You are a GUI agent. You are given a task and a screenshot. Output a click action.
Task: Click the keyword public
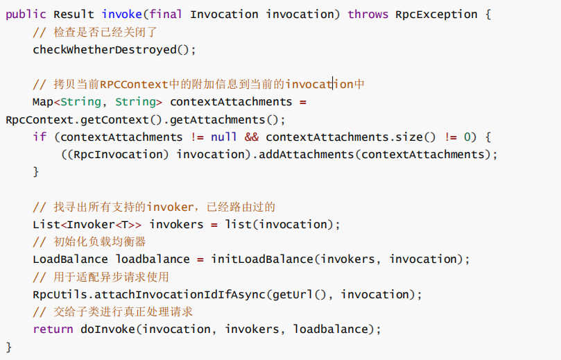26,15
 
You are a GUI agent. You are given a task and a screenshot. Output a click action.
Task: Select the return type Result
74,15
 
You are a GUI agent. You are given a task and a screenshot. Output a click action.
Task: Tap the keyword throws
368,15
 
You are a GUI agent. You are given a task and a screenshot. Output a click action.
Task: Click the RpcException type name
436,15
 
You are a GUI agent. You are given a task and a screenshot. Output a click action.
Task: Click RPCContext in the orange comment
134,85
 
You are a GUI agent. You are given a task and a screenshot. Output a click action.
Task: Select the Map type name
43,102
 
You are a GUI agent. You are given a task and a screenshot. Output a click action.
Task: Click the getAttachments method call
218,119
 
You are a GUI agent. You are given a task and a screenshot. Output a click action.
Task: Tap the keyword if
40,137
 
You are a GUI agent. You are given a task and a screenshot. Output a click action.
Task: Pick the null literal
224,137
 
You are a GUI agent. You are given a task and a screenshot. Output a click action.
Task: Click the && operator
252,137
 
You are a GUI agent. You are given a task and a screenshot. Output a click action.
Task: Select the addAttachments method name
307,154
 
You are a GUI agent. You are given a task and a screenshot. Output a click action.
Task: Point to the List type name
46,224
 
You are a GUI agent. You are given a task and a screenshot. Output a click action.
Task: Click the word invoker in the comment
170,207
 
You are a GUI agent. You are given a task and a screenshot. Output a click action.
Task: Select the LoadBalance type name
71,259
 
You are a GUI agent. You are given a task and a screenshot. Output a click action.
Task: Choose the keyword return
53,329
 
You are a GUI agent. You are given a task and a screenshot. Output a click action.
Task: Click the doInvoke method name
107,329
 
